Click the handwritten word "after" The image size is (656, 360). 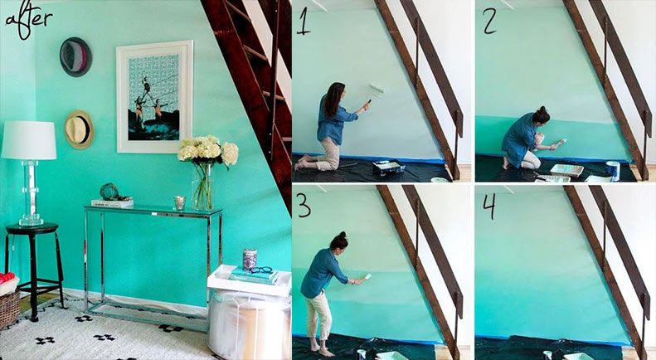tap(27, 19)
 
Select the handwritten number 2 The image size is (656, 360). tap(489, 20)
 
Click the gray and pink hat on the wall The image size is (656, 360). tap(75, 57)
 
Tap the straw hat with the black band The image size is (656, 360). tap(79, 129)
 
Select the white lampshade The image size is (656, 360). tap(28, 140)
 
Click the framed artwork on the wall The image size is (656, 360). tap(154, 97)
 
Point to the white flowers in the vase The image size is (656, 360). tap(208, 150)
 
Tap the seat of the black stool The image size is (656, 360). tap(32, 229)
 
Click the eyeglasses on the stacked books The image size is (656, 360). tap(261, 270)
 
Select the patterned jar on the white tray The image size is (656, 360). tap(250, 259)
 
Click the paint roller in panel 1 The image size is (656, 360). tap(376, 92)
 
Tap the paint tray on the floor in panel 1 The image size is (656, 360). tap(389, 168)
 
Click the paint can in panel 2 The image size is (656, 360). tap(613, 170)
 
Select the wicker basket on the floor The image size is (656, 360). tap(9, 308)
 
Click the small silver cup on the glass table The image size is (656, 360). tap(180, 202)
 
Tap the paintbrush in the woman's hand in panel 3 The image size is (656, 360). tap(365, 279)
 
